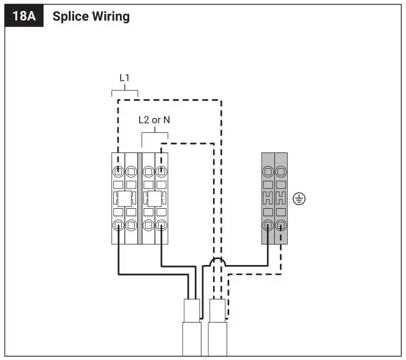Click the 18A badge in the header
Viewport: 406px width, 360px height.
point(23,16)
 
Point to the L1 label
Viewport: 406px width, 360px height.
point(124,79)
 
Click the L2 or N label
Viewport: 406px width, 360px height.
point(154,120)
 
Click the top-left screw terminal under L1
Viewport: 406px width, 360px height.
point(118,172)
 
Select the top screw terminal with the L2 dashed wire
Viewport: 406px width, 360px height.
point(161,172)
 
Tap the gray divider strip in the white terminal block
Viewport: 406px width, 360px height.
point(140,198)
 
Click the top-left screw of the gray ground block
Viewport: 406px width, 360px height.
point(268,172)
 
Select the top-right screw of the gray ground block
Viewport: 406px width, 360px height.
point(281,172)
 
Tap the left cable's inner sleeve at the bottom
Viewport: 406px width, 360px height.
point(192,309)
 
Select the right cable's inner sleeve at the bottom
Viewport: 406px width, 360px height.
point(217,309)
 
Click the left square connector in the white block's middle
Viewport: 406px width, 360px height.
point(124,199)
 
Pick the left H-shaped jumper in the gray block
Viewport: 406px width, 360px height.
point(268,198)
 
